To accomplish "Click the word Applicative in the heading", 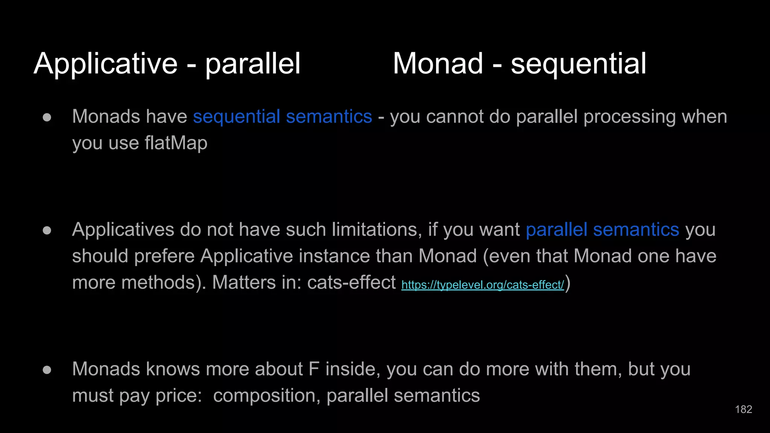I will coord(106,64).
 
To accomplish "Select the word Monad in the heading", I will coord(438,64).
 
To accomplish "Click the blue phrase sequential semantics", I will coord(282,117).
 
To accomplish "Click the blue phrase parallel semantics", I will coord(602,230).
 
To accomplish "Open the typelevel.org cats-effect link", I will coord(482,285).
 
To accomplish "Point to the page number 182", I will coord(743,409).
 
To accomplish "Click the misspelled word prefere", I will coord(164,256).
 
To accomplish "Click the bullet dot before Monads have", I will coord(47,117).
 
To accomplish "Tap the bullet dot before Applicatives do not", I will coord(47,230).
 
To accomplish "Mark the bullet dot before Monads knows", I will coord(47,370).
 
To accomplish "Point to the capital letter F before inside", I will coord(314,369).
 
